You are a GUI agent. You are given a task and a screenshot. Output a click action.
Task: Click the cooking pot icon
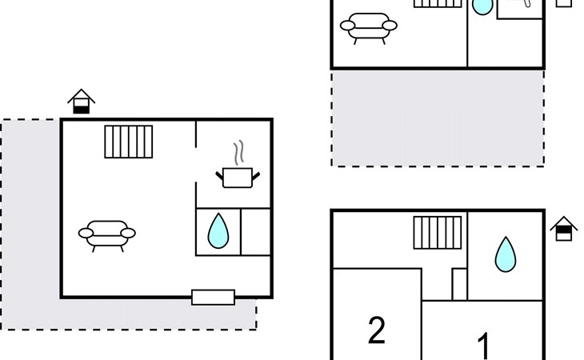click(238, 177)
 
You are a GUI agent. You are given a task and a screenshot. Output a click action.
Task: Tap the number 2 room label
click(376, 330)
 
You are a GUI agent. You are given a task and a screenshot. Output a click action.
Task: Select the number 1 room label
click(484, 346)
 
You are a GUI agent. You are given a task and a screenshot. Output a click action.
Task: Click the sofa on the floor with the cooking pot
click(106, 234)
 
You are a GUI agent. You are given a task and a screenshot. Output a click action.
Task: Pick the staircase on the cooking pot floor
click(129, 142)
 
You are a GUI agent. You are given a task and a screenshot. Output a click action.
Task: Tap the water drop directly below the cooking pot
click(218, 230)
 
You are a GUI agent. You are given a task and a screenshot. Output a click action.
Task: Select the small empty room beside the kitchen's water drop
click(256, 231)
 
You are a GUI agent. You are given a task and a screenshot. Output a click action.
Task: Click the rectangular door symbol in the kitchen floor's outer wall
click(213, 298)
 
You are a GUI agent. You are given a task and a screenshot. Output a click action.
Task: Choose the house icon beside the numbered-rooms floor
click(564, 230)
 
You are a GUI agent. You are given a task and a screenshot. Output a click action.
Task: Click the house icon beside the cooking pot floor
click(81, 102)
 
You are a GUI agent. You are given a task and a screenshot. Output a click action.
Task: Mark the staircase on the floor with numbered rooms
click(438, 233)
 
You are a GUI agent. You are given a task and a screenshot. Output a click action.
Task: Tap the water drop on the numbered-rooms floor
click(505, 254)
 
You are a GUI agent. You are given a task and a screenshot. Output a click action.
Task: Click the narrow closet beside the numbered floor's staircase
click(459, 284)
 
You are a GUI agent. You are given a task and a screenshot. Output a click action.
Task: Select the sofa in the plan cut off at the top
click(368, 26)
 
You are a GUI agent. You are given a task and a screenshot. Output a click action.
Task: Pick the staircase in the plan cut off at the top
click(438, 3)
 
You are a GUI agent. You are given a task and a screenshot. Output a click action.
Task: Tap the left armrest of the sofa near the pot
click(86, 234)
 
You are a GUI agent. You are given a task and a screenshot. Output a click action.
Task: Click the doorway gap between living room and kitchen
click(196, 165)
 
